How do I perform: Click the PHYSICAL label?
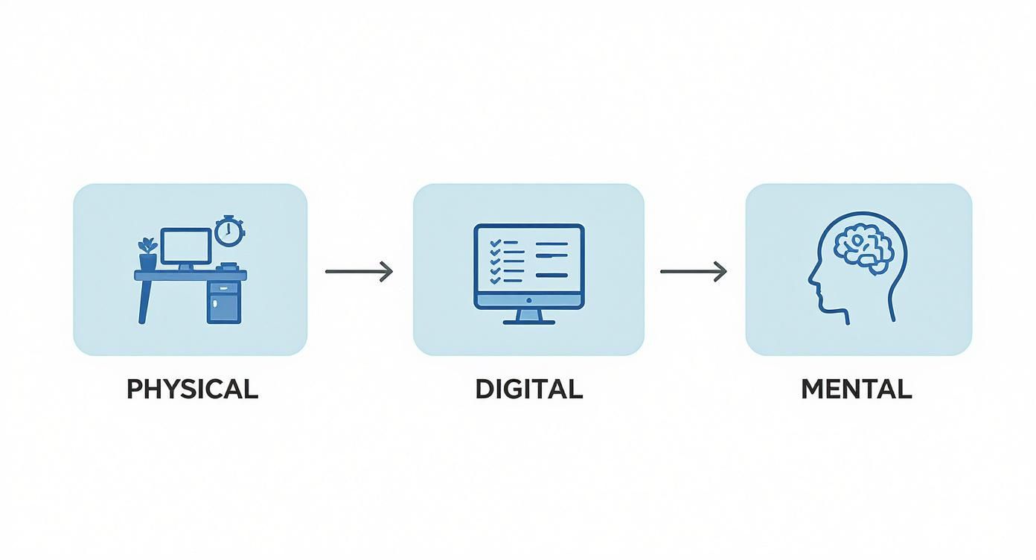coord(193,389)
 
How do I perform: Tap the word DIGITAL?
coord(529,389)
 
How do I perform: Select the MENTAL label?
coord(857,389)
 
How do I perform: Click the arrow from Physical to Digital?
coord(359,272)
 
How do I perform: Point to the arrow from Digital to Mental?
coord(694,272)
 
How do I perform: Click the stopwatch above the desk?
coord(229,231)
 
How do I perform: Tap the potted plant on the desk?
coord(148,254)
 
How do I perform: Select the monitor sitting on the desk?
coord(186,249)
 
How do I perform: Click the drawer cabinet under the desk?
coord(224,302)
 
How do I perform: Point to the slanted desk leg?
coord(145,302)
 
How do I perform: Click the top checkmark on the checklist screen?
coord(496,243)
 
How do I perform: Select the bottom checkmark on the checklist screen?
coord(496,280)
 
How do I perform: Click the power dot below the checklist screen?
coord(529,300)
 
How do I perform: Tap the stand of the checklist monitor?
coord(529,316)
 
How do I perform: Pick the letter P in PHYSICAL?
coord(135,389)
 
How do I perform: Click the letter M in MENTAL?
coord(813,389)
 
